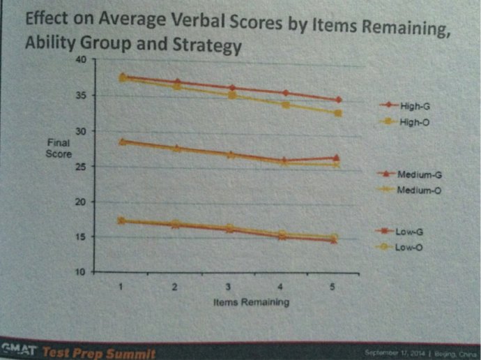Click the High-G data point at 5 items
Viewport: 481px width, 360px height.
click(338, 100)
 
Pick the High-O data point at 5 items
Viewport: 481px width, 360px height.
click(338, 113)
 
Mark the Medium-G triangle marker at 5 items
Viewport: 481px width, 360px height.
click(337, 158)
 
